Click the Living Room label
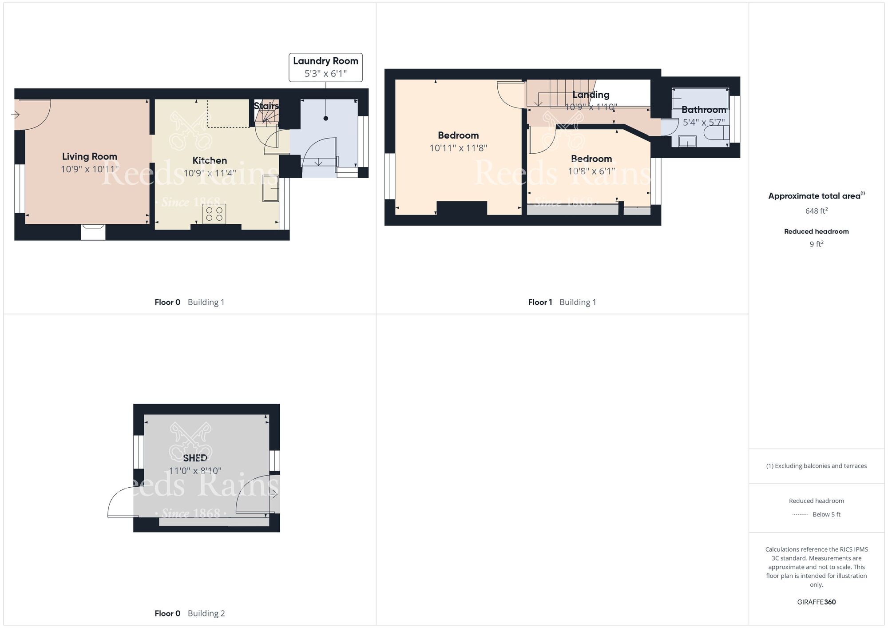89,156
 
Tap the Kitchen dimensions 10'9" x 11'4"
210,173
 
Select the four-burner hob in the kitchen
214,214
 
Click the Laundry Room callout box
325,67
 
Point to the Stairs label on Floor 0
266,106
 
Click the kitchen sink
270,188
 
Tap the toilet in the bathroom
716,133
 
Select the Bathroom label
703,110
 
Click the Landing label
591,95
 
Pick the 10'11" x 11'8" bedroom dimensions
458,148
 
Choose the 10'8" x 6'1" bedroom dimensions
591,171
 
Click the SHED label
195,458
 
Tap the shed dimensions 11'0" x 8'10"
195,471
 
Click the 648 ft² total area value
816,211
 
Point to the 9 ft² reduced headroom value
816,244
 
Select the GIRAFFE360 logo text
816,602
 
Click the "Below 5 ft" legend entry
826,514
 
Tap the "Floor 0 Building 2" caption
190,613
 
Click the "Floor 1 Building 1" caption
562,302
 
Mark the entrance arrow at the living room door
15,115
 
